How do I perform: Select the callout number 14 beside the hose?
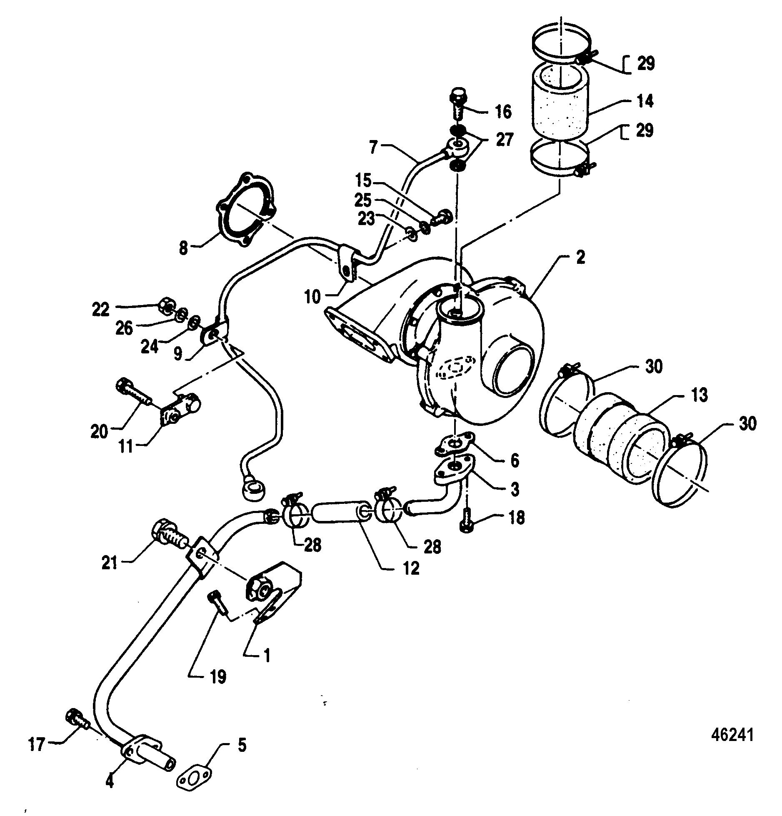point(645,101)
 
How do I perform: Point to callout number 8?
point(183,248)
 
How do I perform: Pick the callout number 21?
point(110,563)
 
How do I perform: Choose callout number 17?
point(37,744)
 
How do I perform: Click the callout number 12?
point(410,568)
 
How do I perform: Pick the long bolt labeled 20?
point(134,391)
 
